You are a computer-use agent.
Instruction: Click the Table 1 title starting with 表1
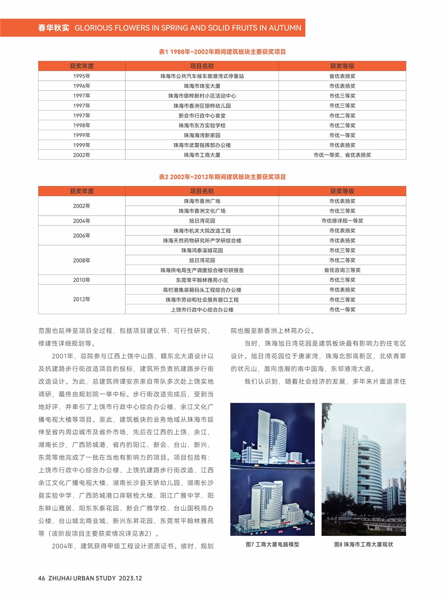[x=222, y=52]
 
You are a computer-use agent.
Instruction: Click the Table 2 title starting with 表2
[x=222, y=177]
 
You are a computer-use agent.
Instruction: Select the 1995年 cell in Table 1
[x=82, y=76]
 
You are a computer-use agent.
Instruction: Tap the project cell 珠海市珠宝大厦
[x=202, y=86]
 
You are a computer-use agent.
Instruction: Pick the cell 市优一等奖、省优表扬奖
[x=342, y=155]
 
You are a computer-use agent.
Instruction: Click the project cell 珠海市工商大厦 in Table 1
[x=202, y=155]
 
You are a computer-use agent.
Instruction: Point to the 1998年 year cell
[x=82, y=126]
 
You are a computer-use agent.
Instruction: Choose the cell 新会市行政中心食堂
[x=202, y=116]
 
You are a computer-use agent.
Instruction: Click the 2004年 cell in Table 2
[x=82, y=221]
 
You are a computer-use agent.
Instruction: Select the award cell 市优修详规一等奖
[x=342, y=221]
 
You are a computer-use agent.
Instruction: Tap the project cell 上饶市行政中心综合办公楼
[x=202, y=310]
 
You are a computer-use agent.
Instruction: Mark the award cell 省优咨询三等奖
[x=342, y=270]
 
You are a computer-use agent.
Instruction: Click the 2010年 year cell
[x=82, y=280]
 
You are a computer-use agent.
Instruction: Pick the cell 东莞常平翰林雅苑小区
[x=202, y=280]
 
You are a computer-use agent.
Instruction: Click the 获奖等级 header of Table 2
[x=342, y=191]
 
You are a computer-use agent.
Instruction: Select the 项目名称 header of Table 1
[x=202, y=66]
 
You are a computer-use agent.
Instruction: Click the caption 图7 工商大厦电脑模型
[x=272, y=545]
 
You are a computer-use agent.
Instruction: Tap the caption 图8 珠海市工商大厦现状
[x=363, y=545]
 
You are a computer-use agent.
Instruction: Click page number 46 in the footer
[x=41, y=578]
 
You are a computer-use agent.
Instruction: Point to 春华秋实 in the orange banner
[x=53, y=28]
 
